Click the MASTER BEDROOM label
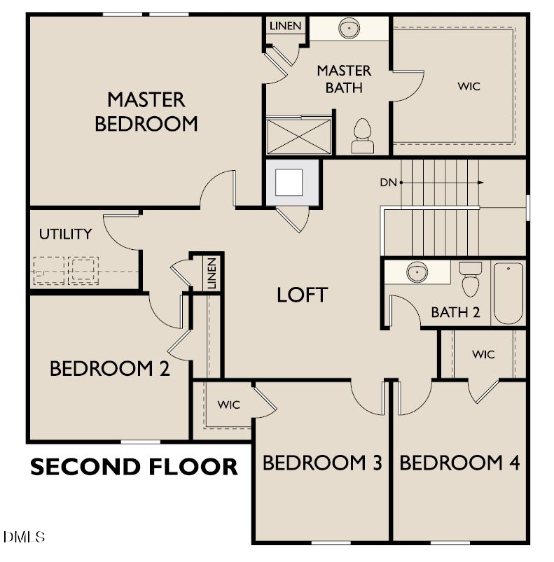146,111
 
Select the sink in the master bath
348,29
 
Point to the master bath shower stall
298,135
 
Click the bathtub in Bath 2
508,293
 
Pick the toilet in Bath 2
471,279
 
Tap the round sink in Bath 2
417,272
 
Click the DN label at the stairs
389,183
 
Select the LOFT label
302,295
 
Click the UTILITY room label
65,234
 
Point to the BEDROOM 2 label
109,369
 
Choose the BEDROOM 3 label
322,463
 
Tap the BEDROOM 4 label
459,463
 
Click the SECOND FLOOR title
134,466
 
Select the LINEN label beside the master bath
285,26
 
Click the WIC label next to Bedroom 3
228,405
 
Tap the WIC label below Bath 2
483,354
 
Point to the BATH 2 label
455,312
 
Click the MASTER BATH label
344,79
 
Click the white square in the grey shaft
289,183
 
